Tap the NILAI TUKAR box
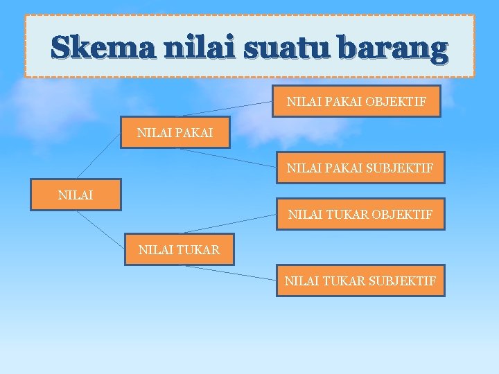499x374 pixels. coord(179,250)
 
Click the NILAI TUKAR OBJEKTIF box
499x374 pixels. coord(360,215)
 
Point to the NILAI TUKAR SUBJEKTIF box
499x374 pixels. coord(360,280)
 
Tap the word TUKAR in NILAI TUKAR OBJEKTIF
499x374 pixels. coord(346,215)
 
